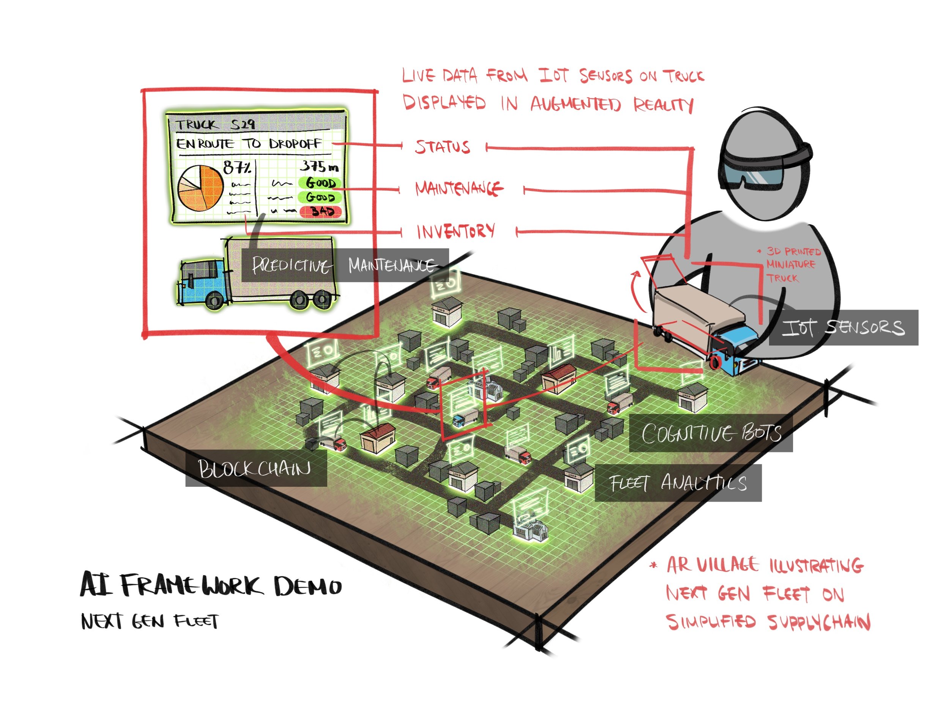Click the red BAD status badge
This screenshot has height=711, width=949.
(x=320, y=211)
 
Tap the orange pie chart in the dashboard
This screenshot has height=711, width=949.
(x=200, y=188)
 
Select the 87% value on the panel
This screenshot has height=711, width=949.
(x=236, y=167)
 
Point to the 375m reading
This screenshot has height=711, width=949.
(x=319, y=166)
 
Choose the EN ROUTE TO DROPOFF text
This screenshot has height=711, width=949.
(x=248, y=144)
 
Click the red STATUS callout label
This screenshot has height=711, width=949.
(x=442, y=147)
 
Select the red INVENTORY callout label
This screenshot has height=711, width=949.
(x=456, y=231)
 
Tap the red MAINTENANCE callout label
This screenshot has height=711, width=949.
(x=459, y=188)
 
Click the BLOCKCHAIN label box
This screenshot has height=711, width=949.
(x=256, y=468)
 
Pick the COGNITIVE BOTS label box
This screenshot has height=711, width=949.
(x=711, y=433)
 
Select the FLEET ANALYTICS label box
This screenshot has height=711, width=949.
(x=678, y=483)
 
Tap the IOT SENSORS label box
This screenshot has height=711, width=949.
(x=843, y=328)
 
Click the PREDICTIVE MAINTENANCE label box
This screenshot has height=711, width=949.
(x=345, y=265)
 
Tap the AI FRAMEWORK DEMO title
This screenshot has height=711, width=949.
(x=211, y=585)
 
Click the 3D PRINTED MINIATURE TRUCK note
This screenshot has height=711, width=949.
(x=792, y=264)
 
